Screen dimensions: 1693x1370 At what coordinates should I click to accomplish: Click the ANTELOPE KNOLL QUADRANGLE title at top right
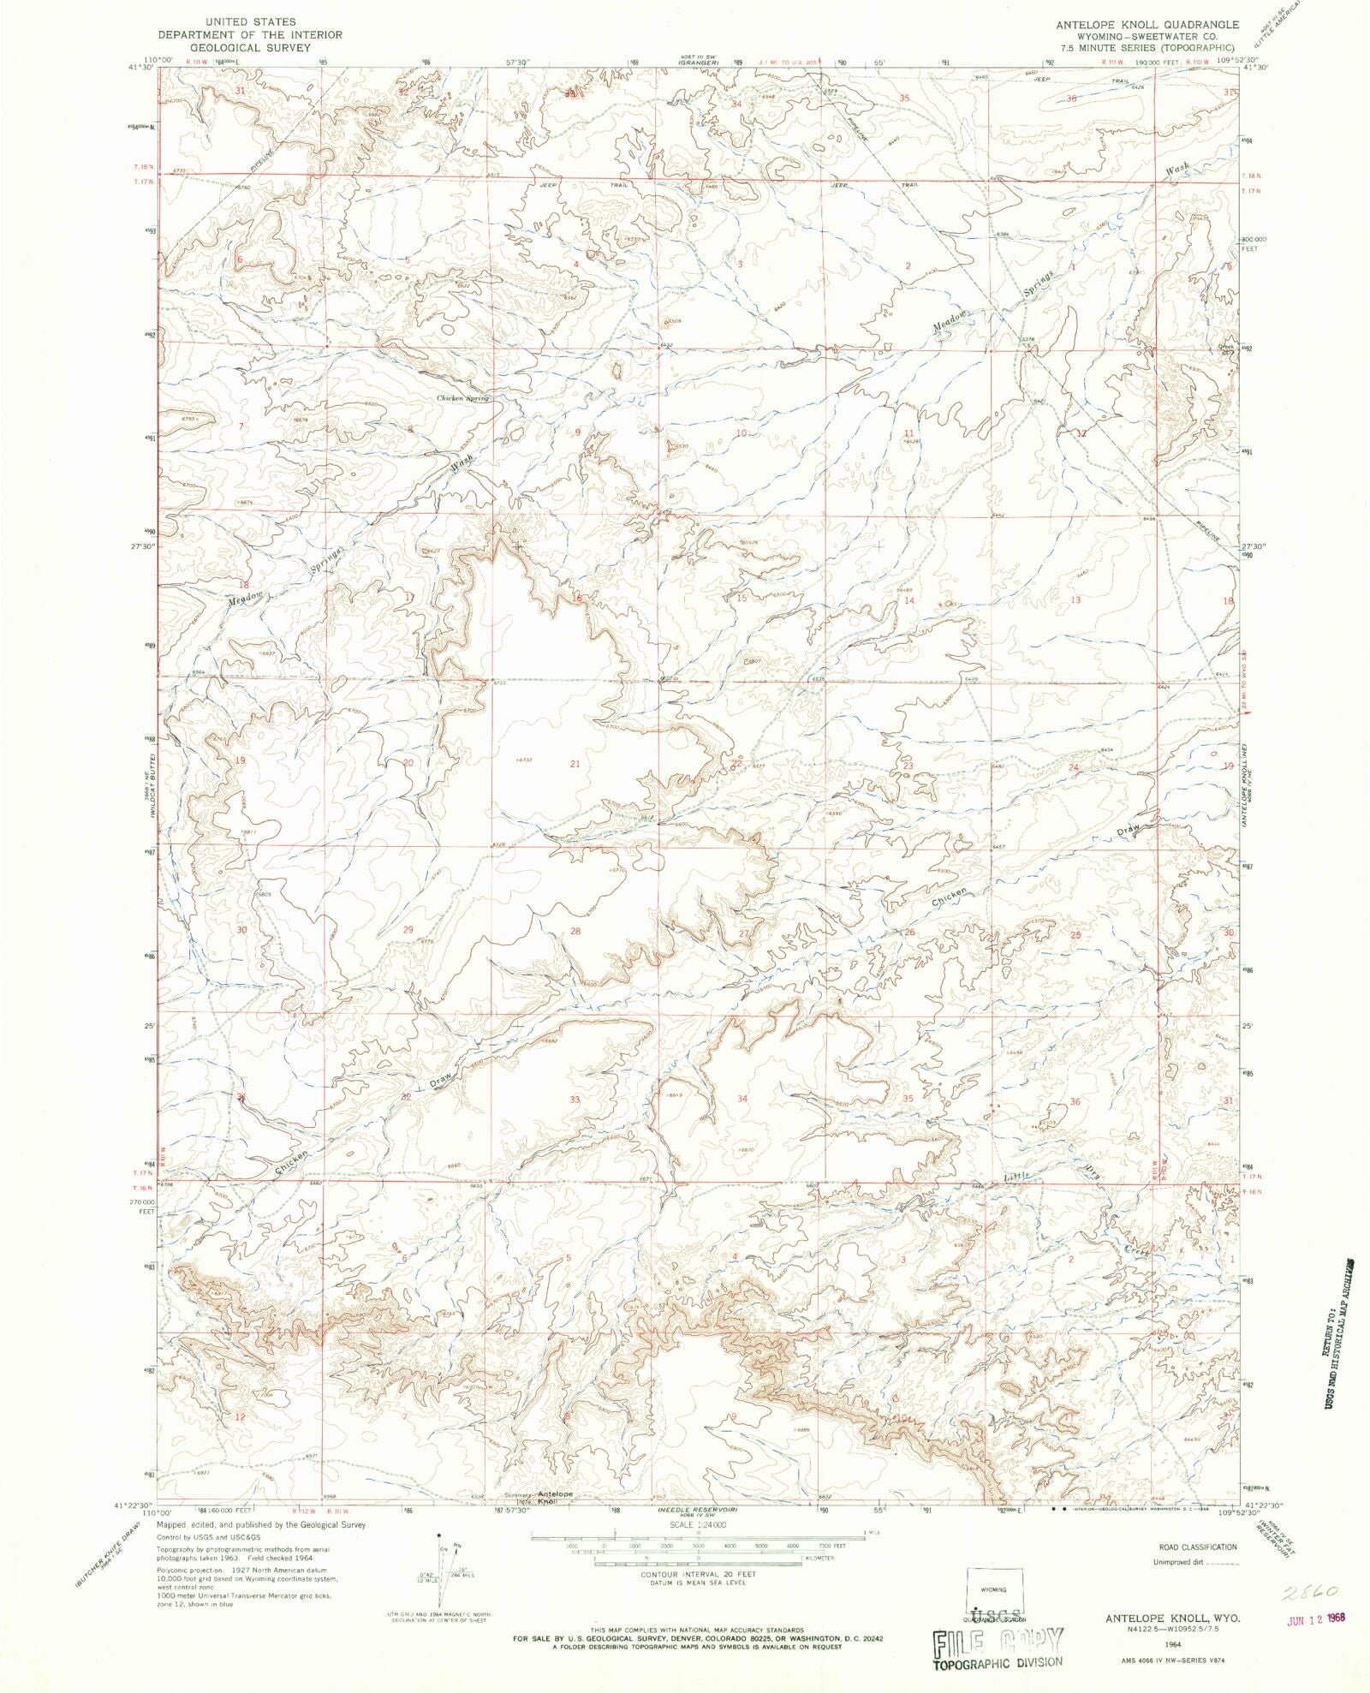[x=1147, y=26]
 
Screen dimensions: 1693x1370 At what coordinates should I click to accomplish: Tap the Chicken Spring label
[x=462, y=398]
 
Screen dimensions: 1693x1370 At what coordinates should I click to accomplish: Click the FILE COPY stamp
[x=998, y=1639]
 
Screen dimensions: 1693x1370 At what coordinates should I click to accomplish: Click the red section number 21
[x=575, y=763]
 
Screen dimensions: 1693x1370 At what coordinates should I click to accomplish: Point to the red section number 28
[x=575, y=931]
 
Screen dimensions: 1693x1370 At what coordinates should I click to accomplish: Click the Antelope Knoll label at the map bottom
[x=555, y=1498]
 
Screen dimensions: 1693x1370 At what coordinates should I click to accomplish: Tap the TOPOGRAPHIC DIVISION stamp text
[x=997, y=1661]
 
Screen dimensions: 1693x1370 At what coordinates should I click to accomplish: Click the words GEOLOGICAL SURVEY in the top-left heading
[x=249, y=48]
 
